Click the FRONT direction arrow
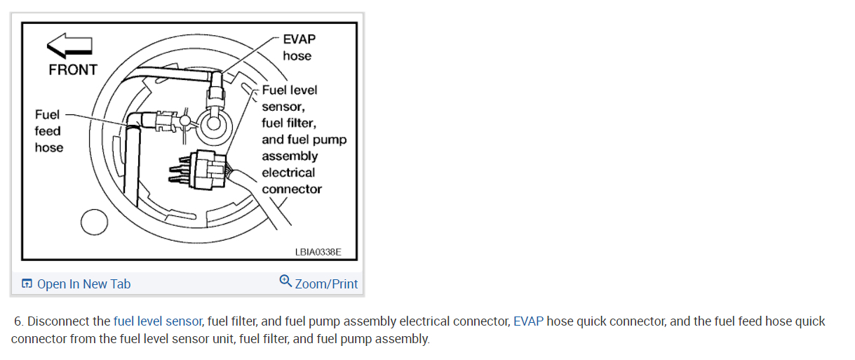pos(69,47)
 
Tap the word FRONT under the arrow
pos(72,69)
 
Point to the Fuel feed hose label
pos(48,131)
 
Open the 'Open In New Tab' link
pos(83,284)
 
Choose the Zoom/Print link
pos(326,284)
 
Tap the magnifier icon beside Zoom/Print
pos(285,281)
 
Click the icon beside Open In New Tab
pos(27,284)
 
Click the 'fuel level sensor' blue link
pos(158,321)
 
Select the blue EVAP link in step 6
pos(528,321)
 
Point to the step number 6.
pos(18,321)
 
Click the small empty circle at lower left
pos(94,223)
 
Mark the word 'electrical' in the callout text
pos(288,173)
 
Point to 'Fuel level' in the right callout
pos(289,90)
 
